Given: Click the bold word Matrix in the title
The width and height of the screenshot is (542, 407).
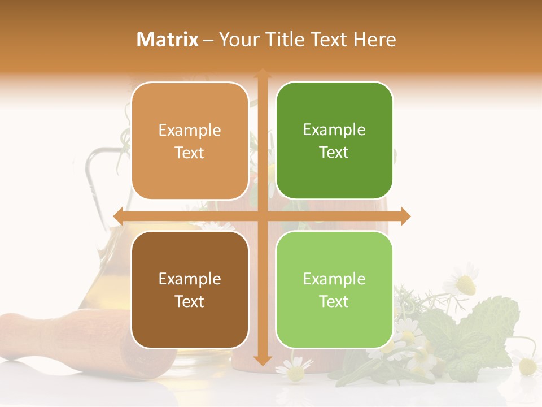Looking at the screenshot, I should point(168,40).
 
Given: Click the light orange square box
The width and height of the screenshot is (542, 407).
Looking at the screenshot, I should point(190,141).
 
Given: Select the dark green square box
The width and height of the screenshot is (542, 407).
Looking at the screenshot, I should point(334,141).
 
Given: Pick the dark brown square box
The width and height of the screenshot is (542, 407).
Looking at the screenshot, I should point(190,289).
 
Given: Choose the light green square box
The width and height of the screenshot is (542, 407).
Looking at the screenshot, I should point(334,289).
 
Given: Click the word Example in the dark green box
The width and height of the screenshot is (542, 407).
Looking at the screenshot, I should point(334,130).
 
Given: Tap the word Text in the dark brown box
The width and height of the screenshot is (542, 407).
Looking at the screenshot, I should point(190,301).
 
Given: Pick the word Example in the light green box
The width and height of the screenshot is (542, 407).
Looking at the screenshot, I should point(334,279).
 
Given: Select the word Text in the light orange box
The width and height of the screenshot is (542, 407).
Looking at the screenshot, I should point(190,153).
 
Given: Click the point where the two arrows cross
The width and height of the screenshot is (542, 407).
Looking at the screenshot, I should point(262,216).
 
